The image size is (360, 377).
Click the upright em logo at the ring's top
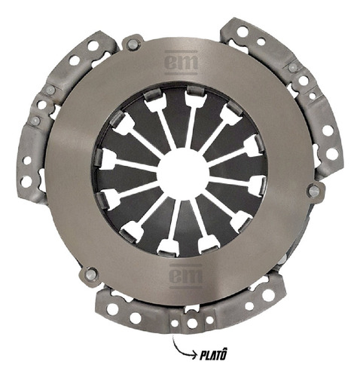[182, 63]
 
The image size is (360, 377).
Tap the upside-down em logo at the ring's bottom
[186, 276]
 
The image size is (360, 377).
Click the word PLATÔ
[213, 355]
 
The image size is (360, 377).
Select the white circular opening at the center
[184, 174]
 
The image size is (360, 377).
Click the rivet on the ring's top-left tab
[132, 44]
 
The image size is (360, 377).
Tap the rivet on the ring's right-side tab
[314, 191]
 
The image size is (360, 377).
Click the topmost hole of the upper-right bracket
[243, 32]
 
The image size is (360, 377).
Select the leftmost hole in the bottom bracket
[112, 309]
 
